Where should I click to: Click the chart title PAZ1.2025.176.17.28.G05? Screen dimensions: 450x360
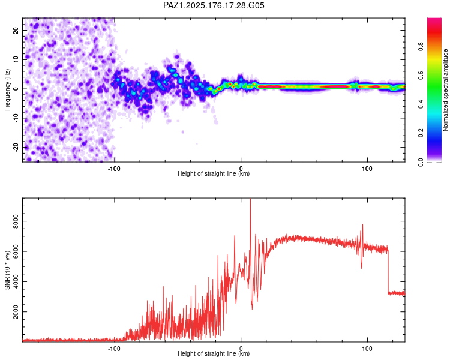tap(214, 5)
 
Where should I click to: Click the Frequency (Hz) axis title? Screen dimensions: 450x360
tap(7, 89)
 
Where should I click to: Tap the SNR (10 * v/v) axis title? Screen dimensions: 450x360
tap(7, 270)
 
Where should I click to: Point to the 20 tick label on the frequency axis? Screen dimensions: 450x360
tap(16, 31)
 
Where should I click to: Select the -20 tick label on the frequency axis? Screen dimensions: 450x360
tap(16, 147)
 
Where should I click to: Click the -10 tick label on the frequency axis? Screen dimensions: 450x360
tap(16, 118)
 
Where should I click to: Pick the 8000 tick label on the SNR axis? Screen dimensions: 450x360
tap(16, 221)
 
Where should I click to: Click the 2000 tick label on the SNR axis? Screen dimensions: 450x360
tap(16, 312)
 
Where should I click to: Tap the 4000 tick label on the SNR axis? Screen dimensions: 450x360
tap(16, 281)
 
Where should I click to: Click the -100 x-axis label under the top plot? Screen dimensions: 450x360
tap(114, 169)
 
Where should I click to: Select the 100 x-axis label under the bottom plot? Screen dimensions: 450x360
tap(367, 349)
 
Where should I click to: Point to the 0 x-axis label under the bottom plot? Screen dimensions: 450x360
tap(241, 349)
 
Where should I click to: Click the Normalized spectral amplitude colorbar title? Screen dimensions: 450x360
tap(445, 90)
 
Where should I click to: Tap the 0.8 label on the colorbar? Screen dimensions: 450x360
tap(421, 47)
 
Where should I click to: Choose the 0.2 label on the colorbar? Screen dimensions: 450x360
tap(421, 133)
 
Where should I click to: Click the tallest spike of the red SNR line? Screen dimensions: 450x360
tap(250, 199)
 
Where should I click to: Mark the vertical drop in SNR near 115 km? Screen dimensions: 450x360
tap(388, 271)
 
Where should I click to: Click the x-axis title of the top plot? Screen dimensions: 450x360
tap(214, 173)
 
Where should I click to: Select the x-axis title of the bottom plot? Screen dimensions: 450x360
tap(214, 353)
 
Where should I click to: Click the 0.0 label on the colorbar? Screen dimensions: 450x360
tap(421, 162)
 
